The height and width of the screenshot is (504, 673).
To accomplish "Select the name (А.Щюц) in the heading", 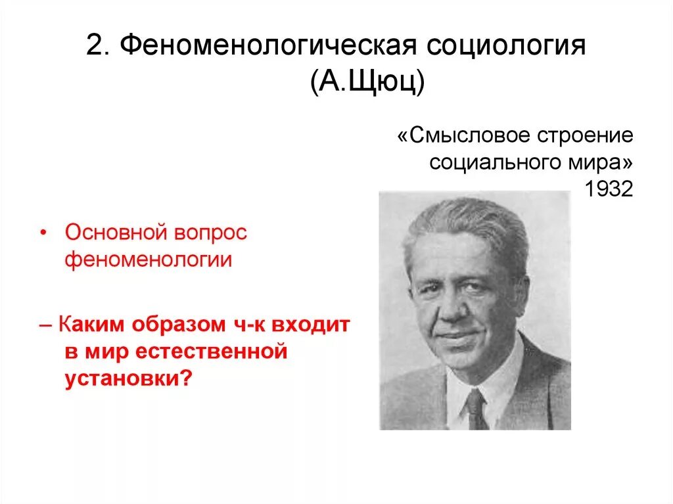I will pyautogui.click(x=367, y=84).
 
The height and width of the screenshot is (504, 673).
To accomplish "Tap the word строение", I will pyautogui.click(x=586, y=137).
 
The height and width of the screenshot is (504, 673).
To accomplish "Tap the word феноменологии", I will pyautogui.click(x=148, y=260).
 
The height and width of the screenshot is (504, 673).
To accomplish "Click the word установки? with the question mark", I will pyautogui.click(x=126, y=379).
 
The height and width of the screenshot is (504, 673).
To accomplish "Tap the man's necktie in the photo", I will pyautogui.click(x=476, y=408).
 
